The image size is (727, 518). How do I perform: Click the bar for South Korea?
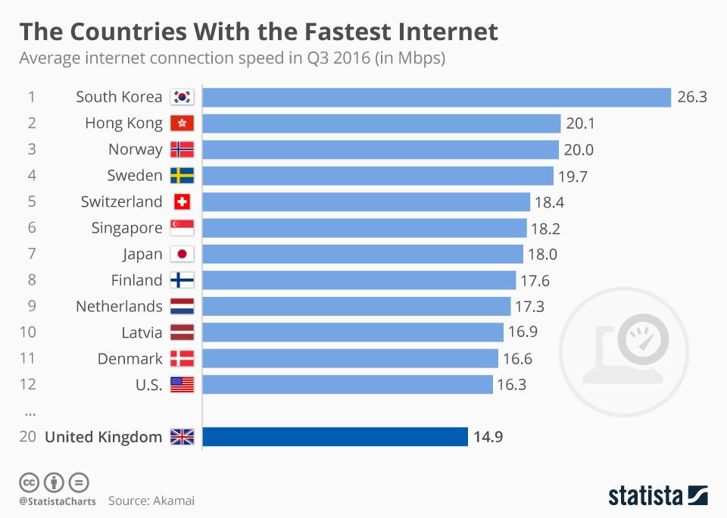click(x=437, y=97)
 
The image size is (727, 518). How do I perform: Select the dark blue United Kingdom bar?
click(x=335, y=437)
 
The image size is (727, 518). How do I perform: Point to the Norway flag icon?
click(x=182, y=149)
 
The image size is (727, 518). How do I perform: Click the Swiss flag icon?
click(x=182, y=202)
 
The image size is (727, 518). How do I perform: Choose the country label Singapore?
click(x=126, y=228)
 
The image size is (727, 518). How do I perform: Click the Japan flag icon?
click(x=182, y=254)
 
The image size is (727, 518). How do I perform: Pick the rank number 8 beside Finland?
click(x=32, y=280)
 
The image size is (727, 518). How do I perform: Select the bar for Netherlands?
click(x=357, y=306)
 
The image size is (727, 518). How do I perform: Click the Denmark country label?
click(x=129, y=358)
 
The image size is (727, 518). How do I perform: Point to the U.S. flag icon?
click(x=182, y=385)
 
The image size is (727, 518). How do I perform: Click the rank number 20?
click(x=28, y=437)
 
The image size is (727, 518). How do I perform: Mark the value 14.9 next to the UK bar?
click(x=488, y=437)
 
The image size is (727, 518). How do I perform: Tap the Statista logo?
click(x=657, y=495)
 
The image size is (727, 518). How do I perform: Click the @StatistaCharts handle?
click(x=58, y=501)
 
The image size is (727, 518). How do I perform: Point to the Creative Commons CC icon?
click(x=29, y=482)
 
